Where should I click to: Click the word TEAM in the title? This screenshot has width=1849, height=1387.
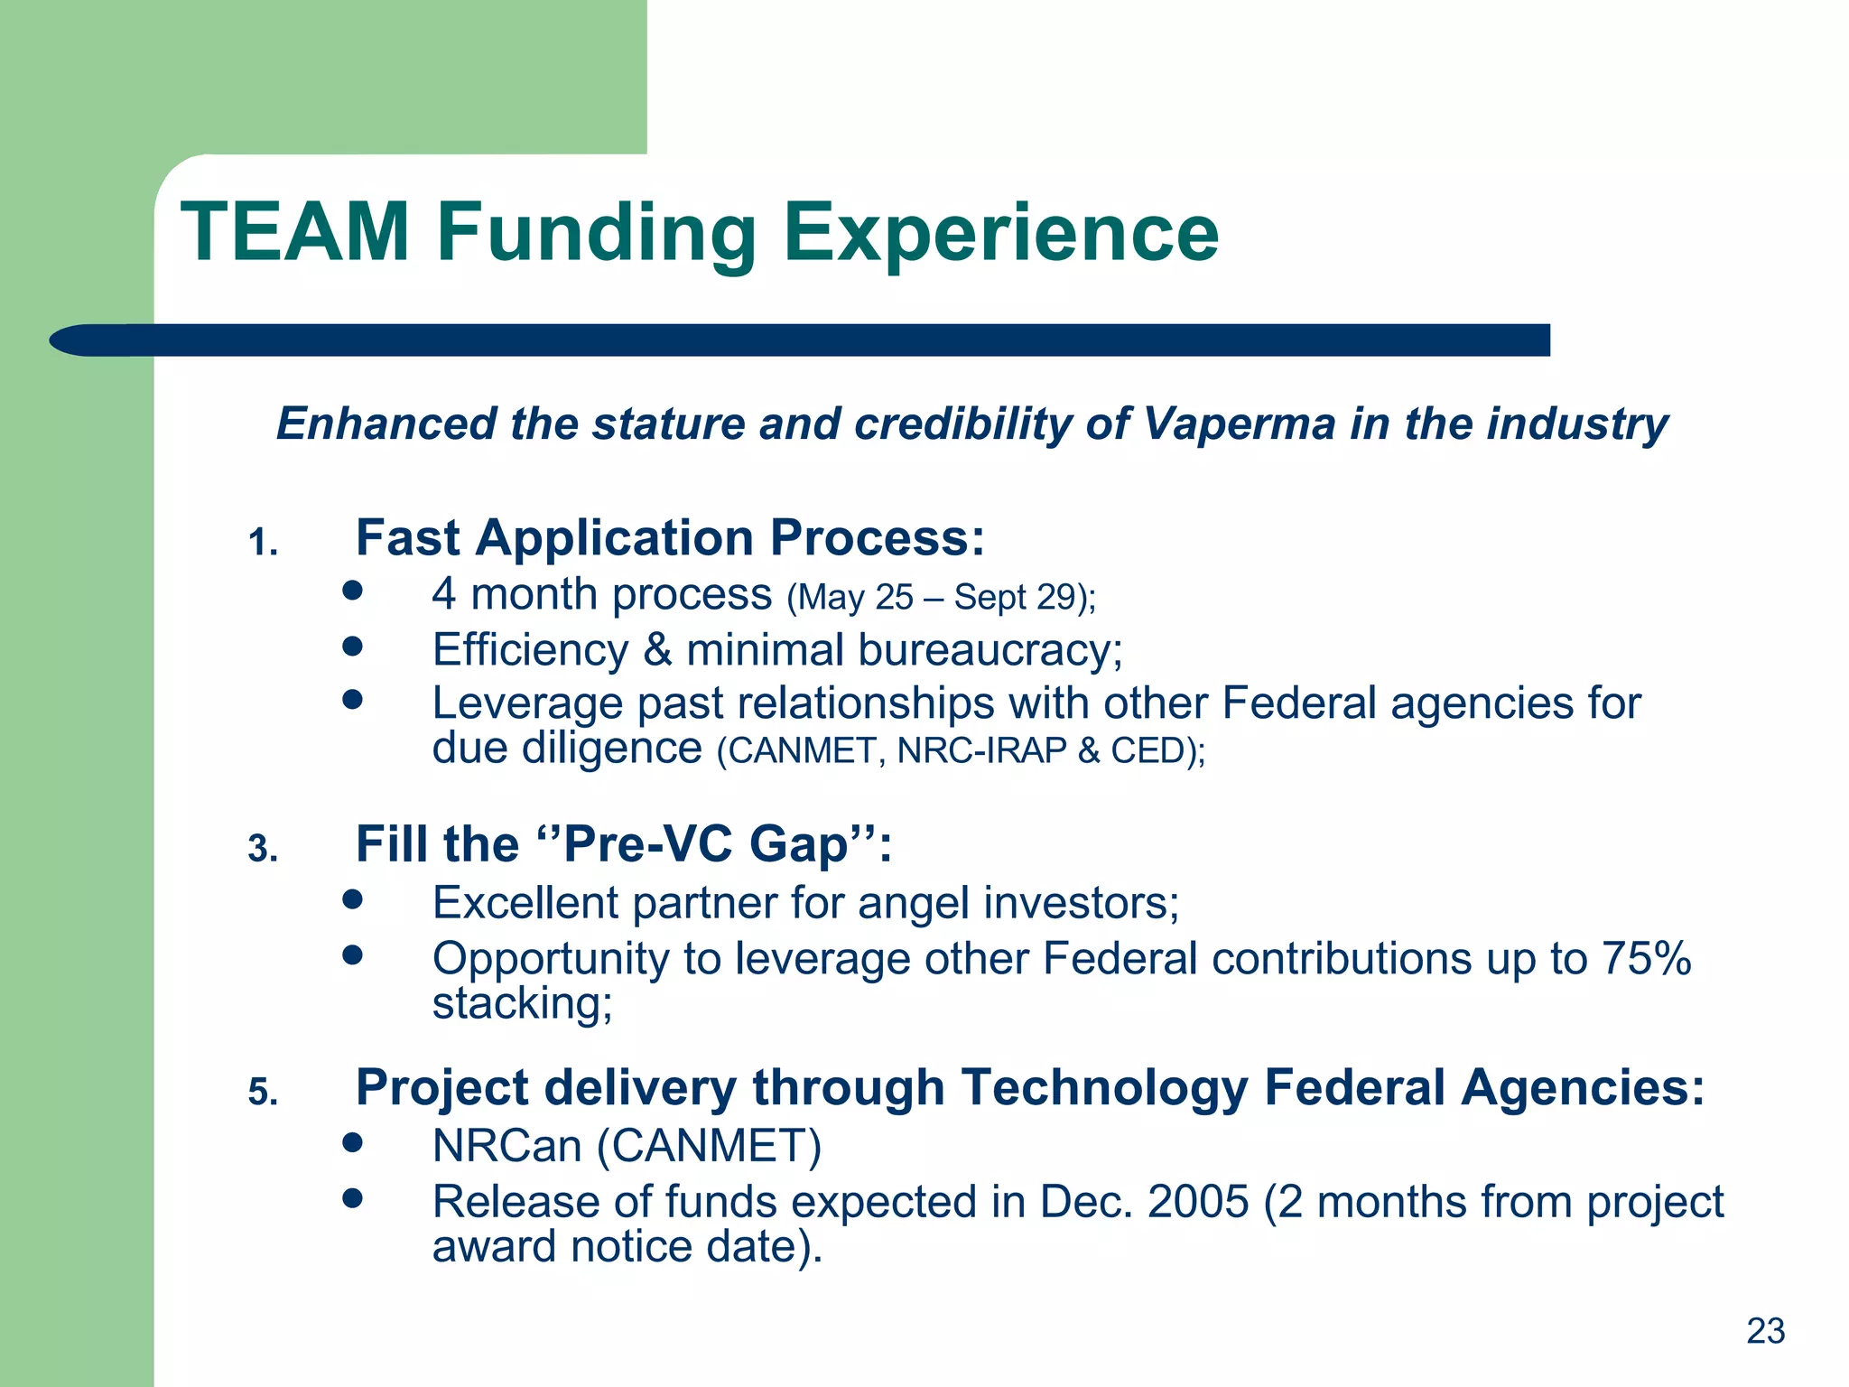[x=295, y=232]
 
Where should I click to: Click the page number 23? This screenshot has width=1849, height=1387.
[x=1765, y=1331]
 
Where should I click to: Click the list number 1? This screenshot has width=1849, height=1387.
[x=263, y=544]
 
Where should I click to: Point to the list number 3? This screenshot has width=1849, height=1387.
[x=263, y=850]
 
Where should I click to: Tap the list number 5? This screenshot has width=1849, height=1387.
[x=263, y=1094]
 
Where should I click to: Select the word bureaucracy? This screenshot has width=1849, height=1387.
[x=990, y=650]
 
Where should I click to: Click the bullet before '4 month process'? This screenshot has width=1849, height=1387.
[x=353, y=591]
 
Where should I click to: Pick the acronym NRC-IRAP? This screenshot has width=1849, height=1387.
[x=982, y=751]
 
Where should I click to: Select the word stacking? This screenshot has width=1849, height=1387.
[x=522, y=1004]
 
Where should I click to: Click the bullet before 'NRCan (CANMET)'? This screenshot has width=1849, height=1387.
[x=353, y=1143]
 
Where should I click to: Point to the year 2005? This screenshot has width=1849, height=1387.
[x=1198, y=1202]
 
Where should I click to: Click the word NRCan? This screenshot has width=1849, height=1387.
[x=506, y=1146]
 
